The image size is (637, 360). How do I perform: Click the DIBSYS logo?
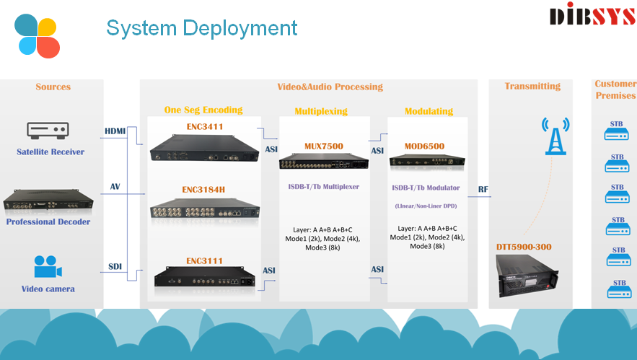point(593,14)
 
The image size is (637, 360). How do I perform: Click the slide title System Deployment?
point(201,28)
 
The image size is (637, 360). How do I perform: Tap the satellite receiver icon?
point(48,131)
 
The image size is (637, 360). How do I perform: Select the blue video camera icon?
point(48,266)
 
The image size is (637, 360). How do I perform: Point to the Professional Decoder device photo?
point(48,200)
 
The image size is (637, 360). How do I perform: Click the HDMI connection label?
point(115,131)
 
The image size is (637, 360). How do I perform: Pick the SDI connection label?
point(115,266)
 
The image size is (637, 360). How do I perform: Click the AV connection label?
point(115,187)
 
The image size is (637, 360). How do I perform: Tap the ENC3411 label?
point(205,127)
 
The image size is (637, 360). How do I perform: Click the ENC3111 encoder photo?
point(205,276)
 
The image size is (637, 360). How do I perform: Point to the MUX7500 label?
point(324,146)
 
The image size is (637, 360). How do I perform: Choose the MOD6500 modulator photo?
point(427,161)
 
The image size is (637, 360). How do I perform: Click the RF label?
point(483,189)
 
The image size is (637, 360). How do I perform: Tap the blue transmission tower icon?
point(555,136)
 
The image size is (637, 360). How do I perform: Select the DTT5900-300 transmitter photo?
point(527,276)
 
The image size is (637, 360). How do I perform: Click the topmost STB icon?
point(616,131)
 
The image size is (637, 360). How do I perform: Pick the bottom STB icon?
point(620,289)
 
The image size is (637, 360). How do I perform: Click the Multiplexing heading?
point(321,111)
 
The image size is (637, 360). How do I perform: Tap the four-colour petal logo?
point(38,36)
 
